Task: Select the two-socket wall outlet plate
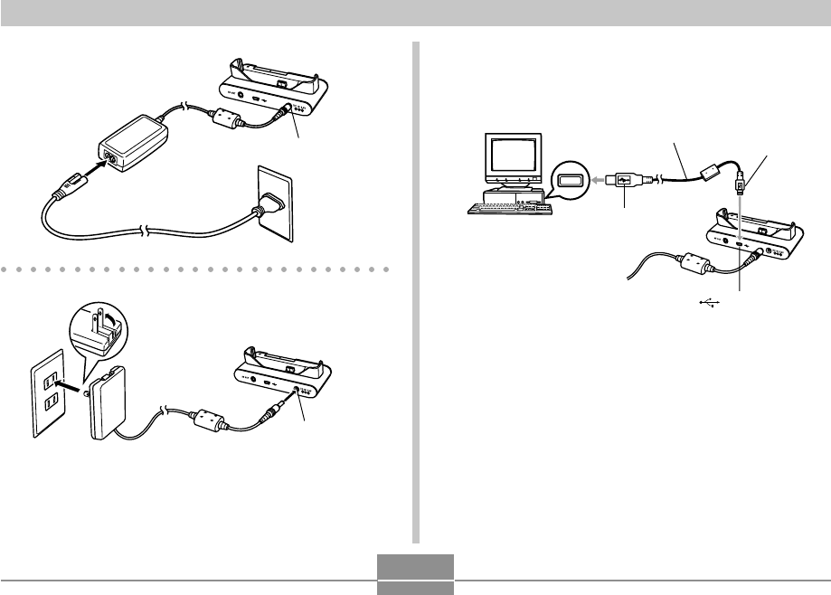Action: (47, 394)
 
